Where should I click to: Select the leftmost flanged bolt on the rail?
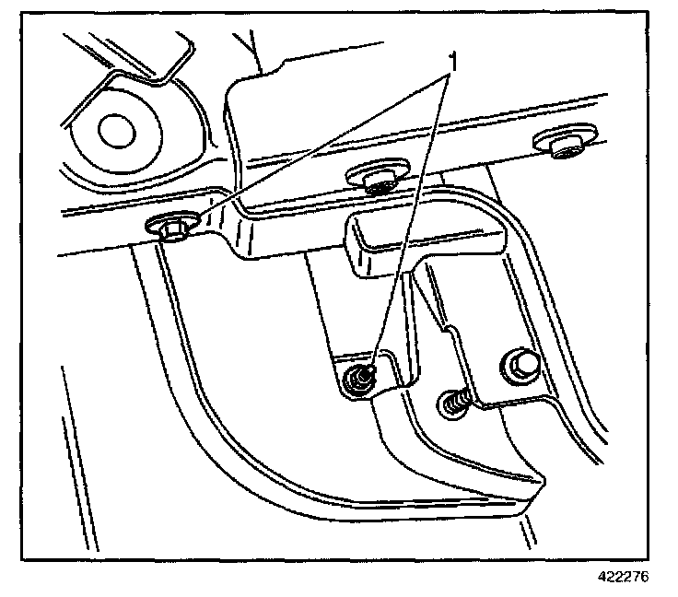coord(172,227)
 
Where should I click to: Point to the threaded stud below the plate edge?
coord(455,401)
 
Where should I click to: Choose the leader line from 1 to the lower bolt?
coord(410,221)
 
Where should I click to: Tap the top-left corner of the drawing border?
coord(25,12)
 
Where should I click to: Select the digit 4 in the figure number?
coord(600,578)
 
